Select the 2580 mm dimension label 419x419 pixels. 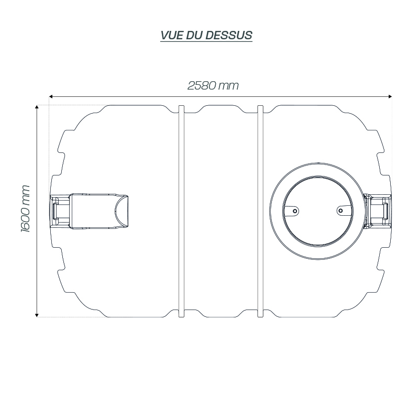pos(213,85)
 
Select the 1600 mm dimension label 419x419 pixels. pos(25,208)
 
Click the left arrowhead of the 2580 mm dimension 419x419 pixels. pos(51,96)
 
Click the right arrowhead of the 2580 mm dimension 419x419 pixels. pos(390,96)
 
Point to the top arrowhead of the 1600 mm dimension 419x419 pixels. pos(37,107)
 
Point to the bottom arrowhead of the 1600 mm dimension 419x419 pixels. pos(37,315)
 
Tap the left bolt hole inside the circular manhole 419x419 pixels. pos(295,211)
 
